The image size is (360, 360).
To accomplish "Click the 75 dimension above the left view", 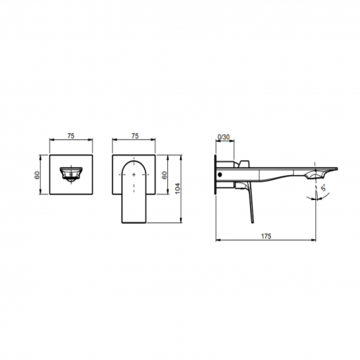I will (72, 135).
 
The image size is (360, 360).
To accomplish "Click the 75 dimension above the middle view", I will (135, 135).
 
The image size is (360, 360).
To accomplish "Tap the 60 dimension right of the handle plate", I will (166, 174).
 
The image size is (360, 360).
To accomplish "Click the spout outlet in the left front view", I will (72, 174).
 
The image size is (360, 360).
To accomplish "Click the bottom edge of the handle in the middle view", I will (135, 224).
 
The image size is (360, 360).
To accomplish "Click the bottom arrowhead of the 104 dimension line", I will (174, 223).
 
